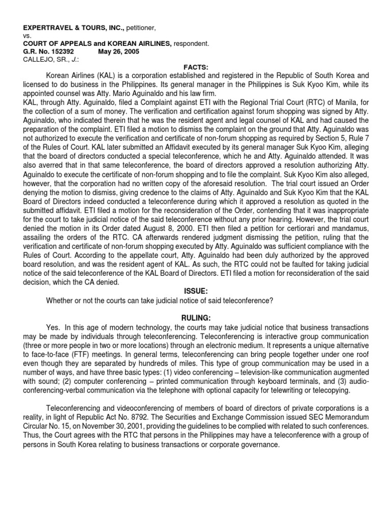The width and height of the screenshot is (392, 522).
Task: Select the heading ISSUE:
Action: click(196, 291)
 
